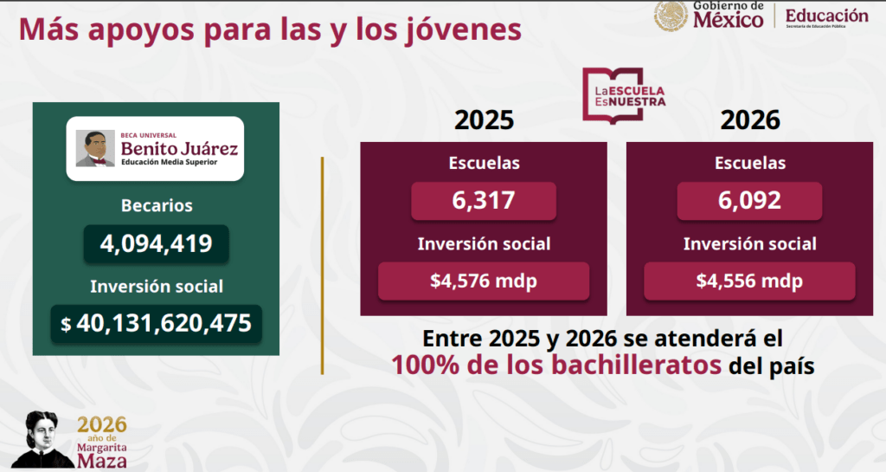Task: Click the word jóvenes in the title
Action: pyautogui.click(x=464, y=30)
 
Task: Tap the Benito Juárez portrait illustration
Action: pyautogui.click(x=95, y=149)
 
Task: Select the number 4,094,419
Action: pyautogui.click(x=156, y=243)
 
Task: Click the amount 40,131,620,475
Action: pyautogui.click(x=164, y=323)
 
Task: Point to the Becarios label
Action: pyautogui.click(x=157, y=205)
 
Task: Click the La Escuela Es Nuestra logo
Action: pyautogui.click(x=624, y=95)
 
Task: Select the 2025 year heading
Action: pyautogui.click(x=485, y=120)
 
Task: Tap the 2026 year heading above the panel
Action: pyautogui.click(x=750, y=120)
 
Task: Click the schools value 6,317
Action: pyautogui.click(x=484, y=201)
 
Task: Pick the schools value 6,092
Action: pyautogui.click(x=750, y=201)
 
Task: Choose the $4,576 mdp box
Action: pyautogui.click(x=484, y=281)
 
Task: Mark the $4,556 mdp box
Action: pyautogui.click(x=750, y=281)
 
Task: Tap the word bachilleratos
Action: pyautogui.click(x=636, y=365)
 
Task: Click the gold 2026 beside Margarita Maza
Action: pyautogui.click(x=102, y=424)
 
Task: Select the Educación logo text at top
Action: pyautogui.click(x=826, y=16)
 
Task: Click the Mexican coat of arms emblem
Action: pyautogui.click(x=671, y=16)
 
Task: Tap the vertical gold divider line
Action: pyautogui.click(x=322, y=266)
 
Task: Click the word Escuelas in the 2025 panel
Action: pyautogui.click(x=485, y=163)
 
